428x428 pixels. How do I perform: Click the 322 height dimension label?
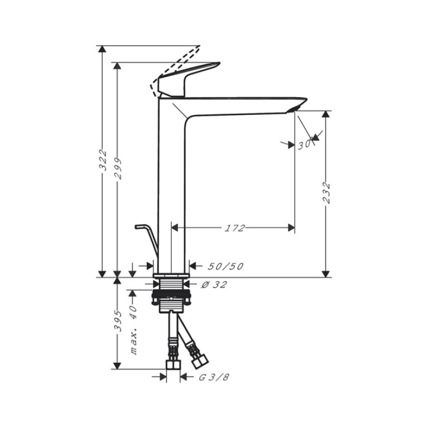[x=103, y=160]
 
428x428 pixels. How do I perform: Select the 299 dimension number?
[x=118, y=169]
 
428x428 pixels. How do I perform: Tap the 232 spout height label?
[x=326, y=193]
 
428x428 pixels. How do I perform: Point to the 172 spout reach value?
[x=234, y=228]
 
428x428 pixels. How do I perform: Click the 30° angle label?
[x=305, y=145]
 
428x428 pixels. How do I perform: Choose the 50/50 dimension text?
[x=225, y=266]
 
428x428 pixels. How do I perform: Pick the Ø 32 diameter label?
[x=214, y=285]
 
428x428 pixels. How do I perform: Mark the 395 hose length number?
[x=118, y=321]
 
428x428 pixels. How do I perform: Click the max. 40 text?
[x=133, y=330]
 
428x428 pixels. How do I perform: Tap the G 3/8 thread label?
[x=214, y=377]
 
